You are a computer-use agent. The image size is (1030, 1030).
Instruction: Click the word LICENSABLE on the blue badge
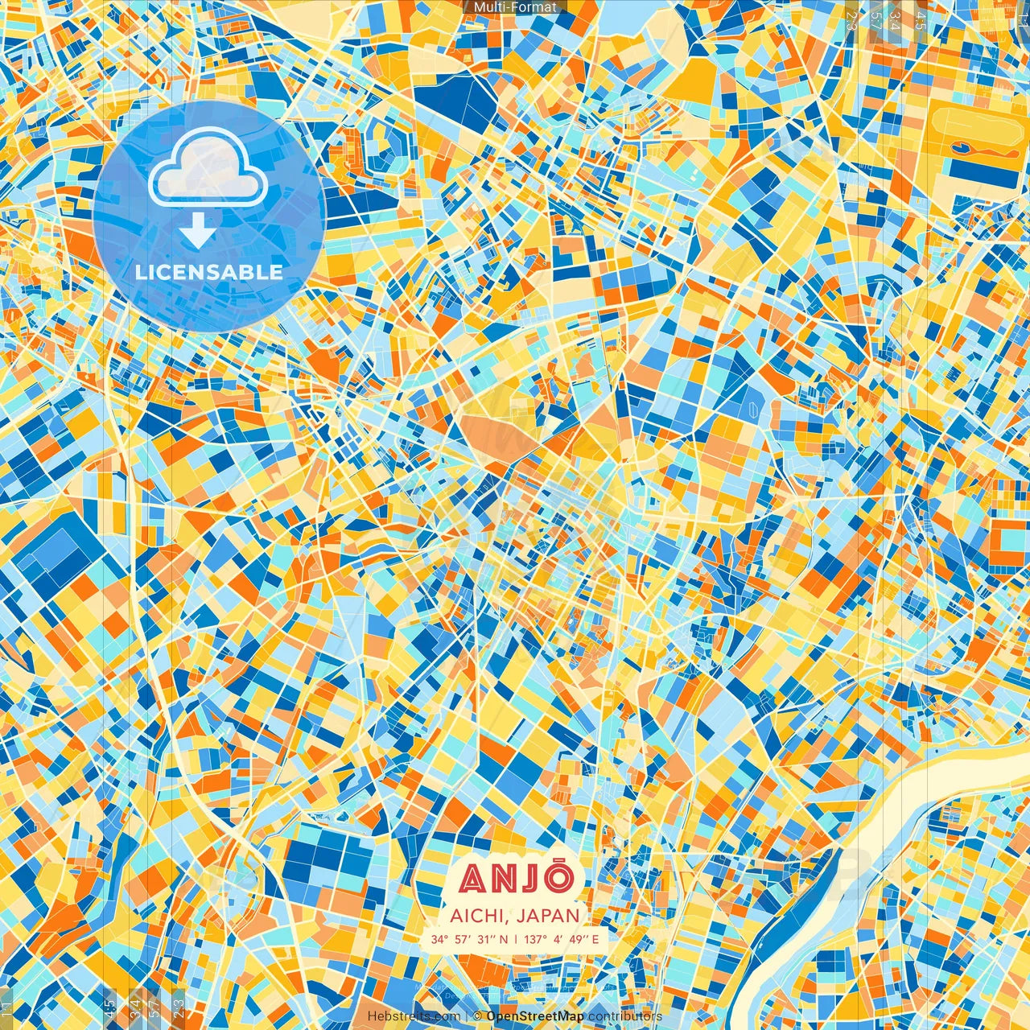point(208,272)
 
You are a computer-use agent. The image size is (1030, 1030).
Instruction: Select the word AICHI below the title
point(477,916)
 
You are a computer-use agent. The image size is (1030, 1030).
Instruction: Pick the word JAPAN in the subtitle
point(549,916)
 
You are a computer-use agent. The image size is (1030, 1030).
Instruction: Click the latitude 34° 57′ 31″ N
point(469,939)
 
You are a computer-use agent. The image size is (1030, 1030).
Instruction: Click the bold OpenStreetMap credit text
point(535,1016)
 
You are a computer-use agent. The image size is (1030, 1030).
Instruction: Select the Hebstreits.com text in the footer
point(414,1016)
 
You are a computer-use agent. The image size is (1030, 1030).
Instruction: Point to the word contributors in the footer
point(625,1016)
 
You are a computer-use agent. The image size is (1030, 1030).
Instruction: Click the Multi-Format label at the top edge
point(515,7)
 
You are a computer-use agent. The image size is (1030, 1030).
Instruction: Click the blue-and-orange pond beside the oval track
point(970,148)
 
